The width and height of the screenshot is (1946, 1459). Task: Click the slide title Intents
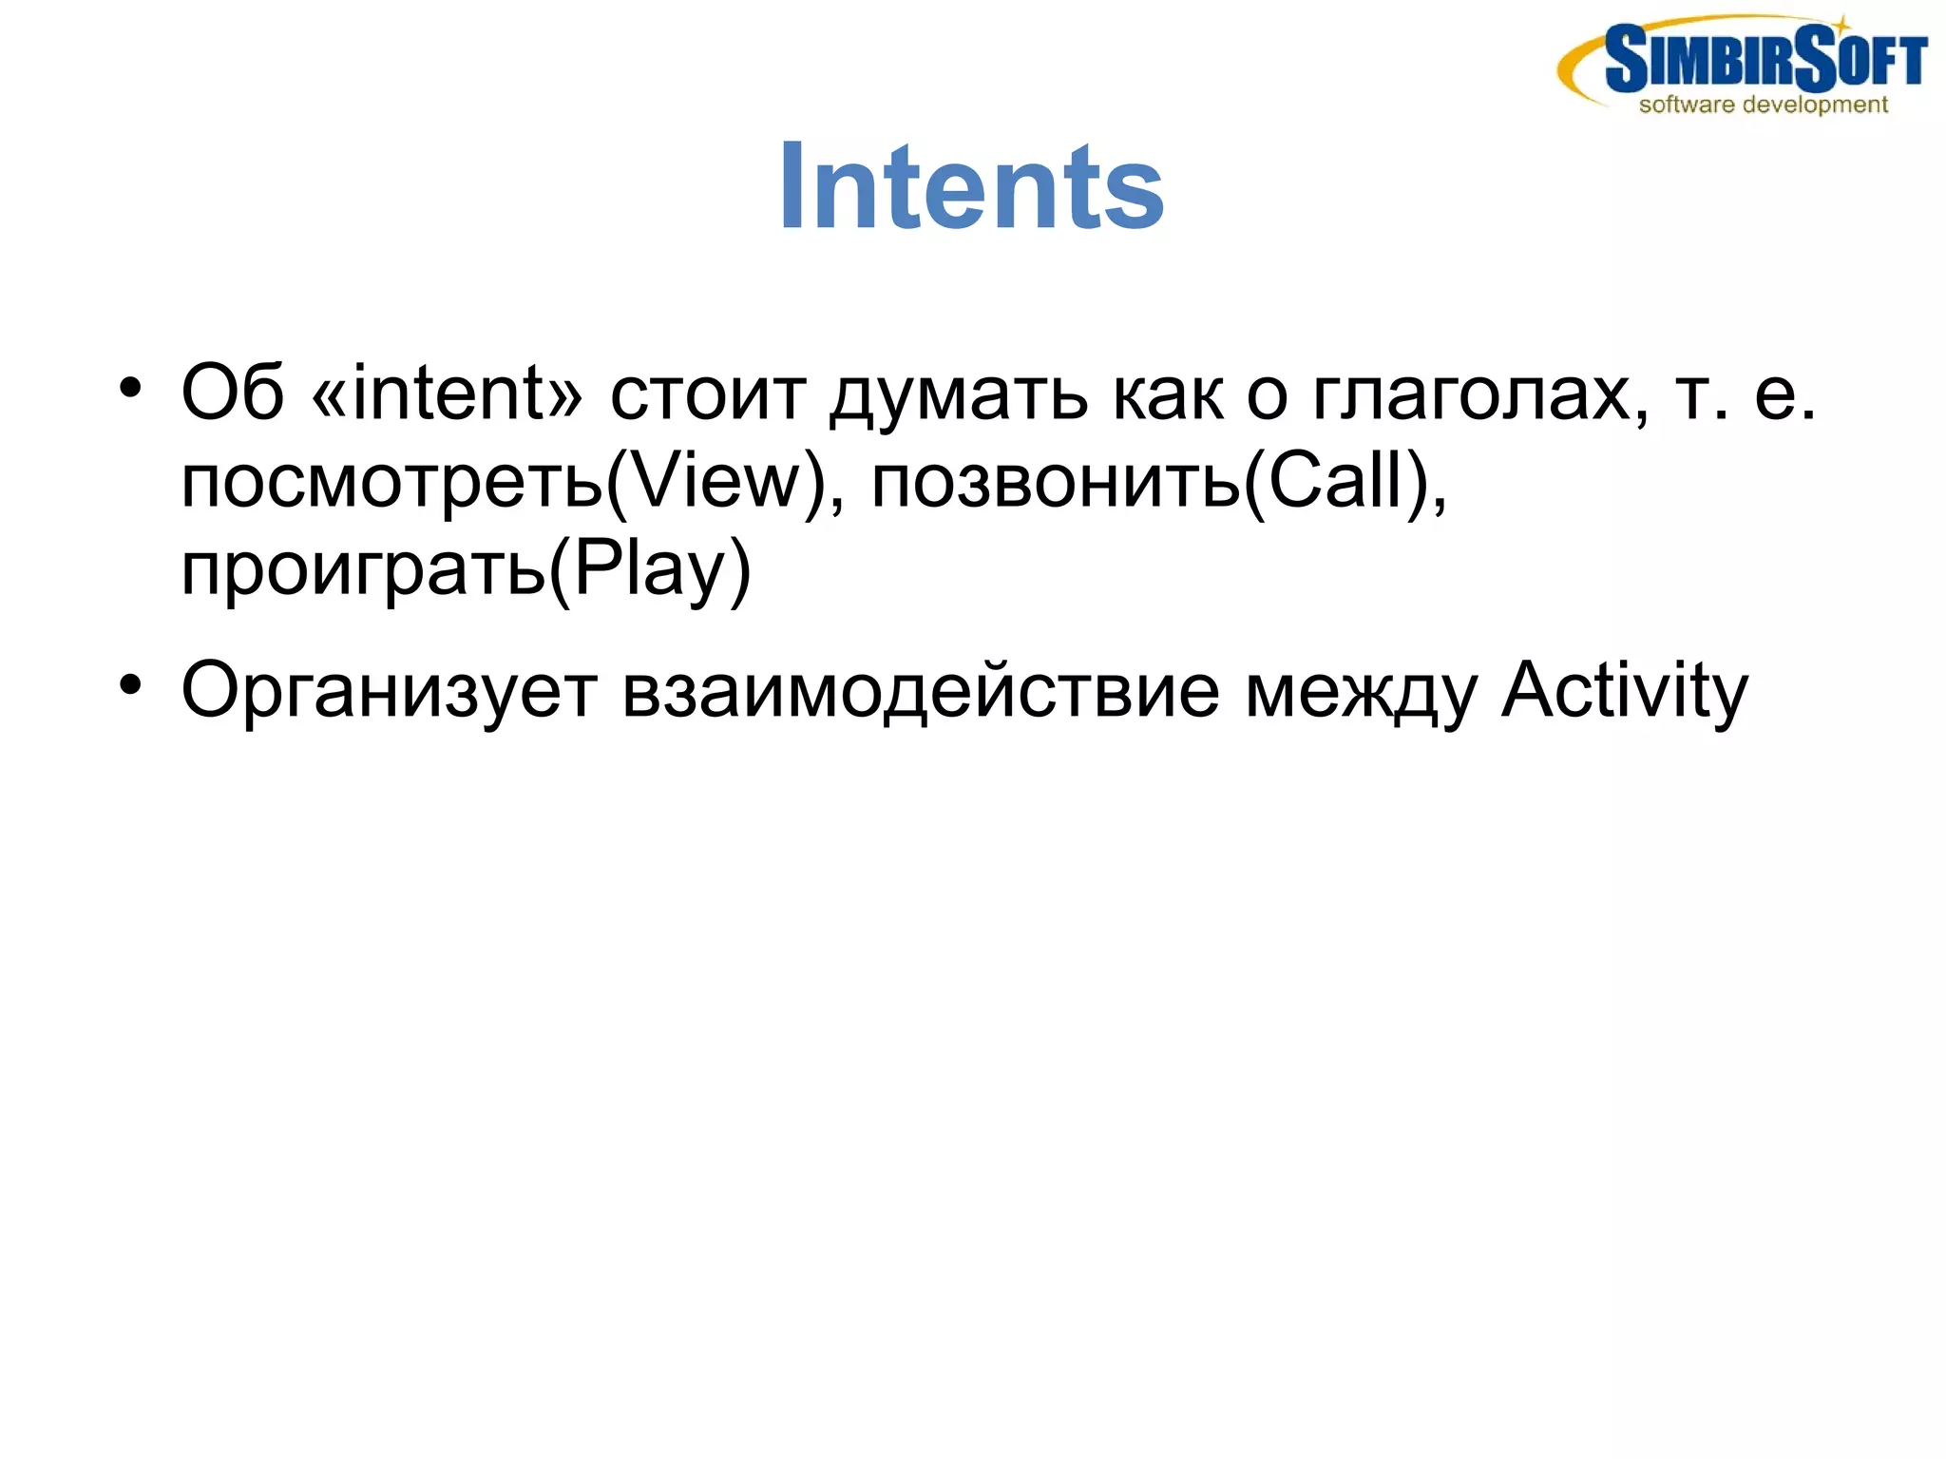(x=971, y=186)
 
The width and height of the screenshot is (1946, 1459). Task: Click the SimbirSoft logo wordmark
(x=1765, y=59)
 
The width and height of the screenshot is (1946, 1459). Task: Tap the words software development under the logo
(x=1763, y=105)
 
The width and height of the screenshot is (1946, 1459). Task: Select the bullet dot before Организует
(x=130, y=684)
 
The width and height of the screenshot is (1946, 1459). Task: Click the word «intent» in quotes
(x=447, y=394)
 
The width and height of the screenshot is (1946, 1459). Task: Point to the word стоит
(x=708, y=395)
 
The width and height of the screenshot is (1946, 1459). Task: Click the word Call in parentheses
(x=1336, y=481)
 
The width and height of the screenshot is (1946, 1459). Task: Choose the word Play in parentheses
(x=651, y=568)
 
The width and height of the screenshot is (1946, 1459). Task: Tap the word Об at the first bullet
(x=233, y=394)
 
